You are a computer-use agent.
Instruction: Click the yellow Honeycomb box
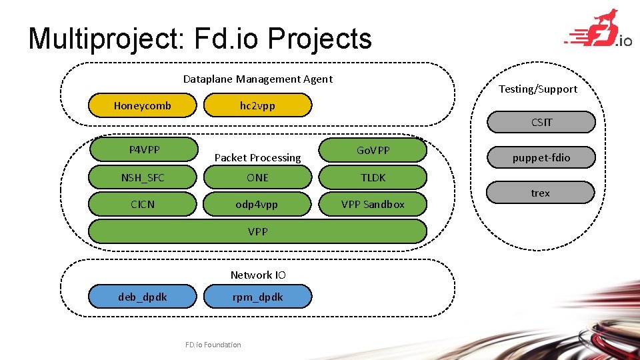coord(143,105)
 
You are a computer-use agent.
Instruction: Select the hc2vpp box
coord(257,105)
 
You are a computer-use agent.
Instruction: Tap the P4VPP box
coord(144,149)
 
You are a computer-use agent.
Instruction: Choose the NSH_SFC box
coord(143,177)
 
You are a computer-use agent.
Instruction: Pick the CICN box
coord(143,204)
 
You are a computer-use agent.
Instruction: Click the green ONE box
coord(257,177)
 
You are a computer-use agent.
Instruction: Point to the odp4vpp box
coord(257,204)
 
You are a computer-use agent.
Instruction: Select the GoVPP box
coord(373,150)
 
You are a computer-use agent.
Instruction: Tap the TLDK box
coord(373,177)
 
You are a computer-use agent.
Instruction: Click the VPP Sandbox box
coord(373,204)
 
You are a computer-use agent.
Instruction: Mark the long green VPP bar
coord(257,231)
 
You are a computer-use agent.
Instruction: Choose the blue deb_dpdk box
coord(143,297)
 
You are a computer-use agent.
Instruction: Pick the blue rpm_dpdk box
coord(257,297)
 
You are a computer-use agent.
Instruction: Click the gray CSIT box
coord(541,122)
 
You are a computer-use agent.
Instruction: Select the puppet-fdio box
coord(541,158)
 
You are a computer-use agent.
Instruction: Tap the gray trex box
coord(541,193)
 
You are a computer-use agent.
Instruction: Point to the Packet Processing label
coord(257,158)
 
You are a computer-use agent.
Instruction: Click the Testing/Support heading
coord(538,89)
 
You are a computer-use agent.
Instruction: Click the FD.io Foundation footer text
coord(213,345)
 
